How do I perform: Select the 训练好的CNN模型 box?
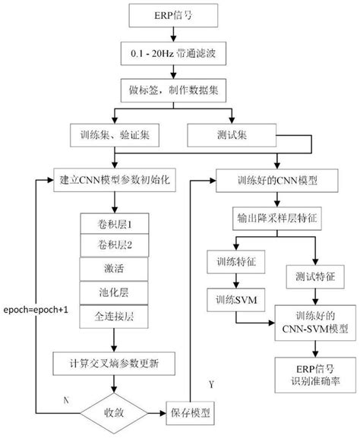tap(270, 183)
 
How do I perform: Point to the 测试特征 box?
tap(312, 277)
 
